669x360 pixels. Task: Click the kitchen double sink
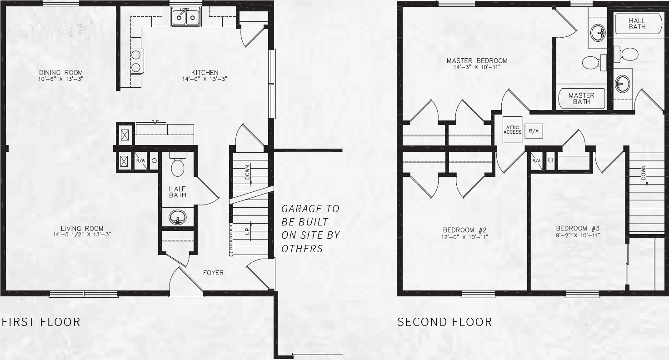pos(186,17)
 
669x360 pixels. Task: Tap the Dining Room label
pos(61,75)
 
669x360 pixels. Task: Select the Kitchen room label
pos(205,75)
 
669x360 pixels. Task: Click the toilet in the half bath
pos(177,165)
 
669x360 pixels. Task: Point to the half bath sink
pos(177,217)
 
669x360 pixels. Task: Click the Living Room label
pos(82,231)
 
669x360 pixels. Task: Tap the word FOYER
pos(213,273)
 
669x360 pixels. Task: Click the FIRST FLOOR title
pos(41,322)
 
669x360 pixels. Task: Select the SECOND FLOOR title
pos(444,322)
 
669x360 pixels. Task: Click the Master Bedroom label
pos(477,64)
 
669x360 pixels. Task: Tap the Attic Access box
pos(513,130)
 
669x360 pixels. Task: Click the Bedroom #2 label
pos(465,233)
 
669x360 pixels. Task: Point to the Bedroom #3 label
pos(578,231)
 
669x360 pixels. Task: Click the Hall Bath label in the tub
pos(637,24)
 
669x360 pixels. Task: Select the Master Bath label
pos(581,98)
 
